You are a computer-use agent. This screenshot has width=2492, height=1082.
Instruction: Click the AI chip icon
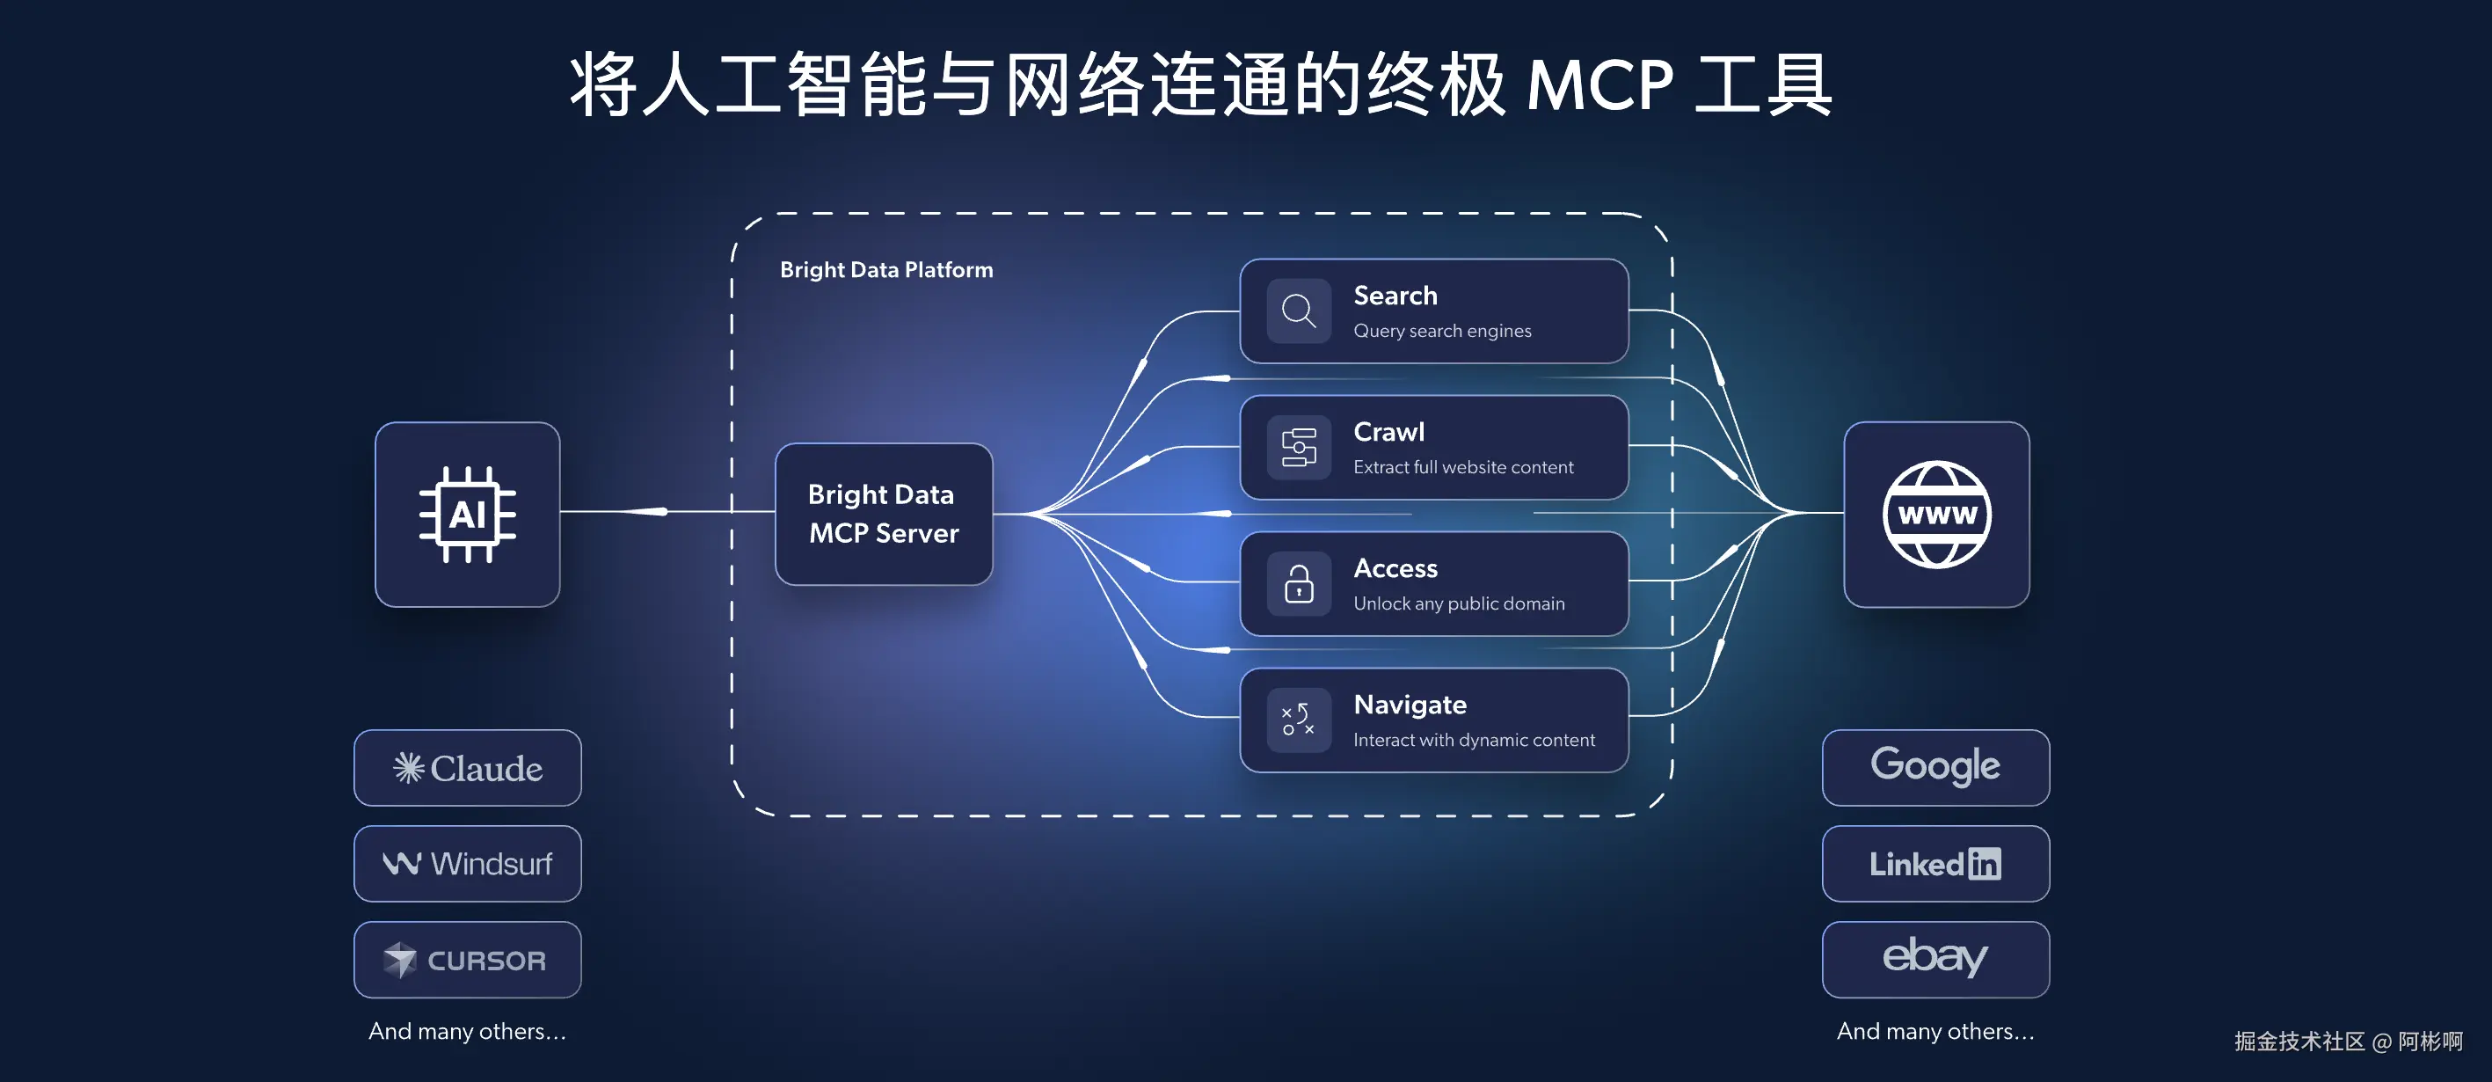point(467,514)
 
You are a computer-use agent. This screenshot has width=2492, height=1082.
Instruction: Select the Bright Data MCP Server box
point(883,514)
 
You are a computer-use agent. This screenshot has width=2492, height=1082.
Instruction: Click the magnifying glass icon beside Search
point(1298,311)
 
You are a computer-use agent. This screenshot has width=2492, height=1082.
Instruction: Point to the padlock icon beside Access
point(1298,583)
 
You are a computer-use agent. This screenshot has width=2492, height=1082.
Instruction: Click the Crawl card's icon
point(1298,447)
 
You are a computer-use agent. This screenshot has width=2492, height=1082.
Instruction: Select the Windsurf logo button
point(467,863)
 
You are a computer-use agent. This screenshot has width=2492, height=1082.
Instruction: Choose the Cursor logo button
point(467,959)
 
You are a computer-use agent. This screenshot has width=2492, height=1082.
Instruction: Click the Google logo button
point(1935,767)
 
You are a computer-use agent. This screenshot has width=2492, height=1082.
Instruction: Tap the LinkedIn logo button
point(1935,863)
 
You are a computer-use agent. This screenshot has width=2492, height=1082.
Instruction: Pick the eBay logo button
point(1935,959)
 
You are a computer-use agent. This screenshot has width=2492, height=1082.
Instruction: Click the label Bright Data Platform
point(886,270)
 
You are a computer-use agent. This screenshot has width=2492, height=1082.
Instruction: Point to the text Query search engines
point(1441,331)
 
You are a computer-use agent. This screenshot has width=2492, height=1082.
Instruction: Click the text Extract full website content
point(1462,467)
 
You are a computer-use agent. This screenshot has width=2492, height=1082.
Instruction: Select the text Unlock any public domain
point(1458,604)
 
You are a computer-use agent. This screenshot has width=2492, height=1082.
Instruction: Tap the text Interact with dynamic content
point(1474,741)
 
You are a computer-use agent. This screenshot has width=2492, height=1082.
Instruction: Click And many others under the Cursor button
point(467,1032)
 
